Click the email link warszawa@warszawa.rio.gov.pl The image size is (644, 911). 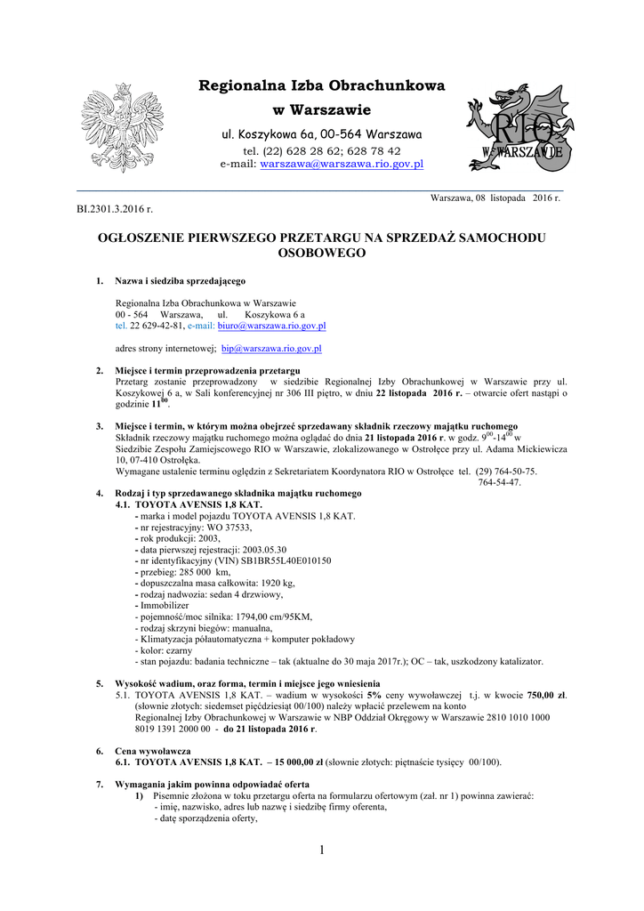tap(341, 165)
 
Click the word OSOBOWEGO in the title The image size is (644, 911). tap(321, 254)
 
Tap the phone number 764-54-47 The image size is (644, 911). tap(499, 482)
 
